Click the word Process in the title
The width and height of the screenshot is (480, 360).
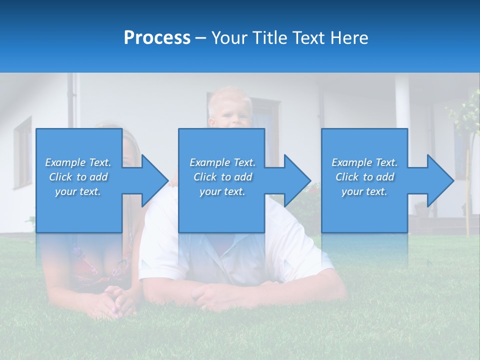pyautogui.click(x=157, y=37)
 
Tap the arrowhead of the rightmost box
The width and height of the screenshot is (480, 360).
pyautogui.click(x=439, y=180)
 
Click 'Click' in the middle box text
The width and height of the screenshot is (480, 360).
pyautogui.click(x=204, y=177)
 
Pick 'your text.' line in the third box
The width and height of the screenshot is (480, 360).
pyautogui.click(x=364, y=191)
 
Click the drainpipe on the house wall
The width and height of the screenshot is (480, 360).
pyautogui.click(x=76, y=100)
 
